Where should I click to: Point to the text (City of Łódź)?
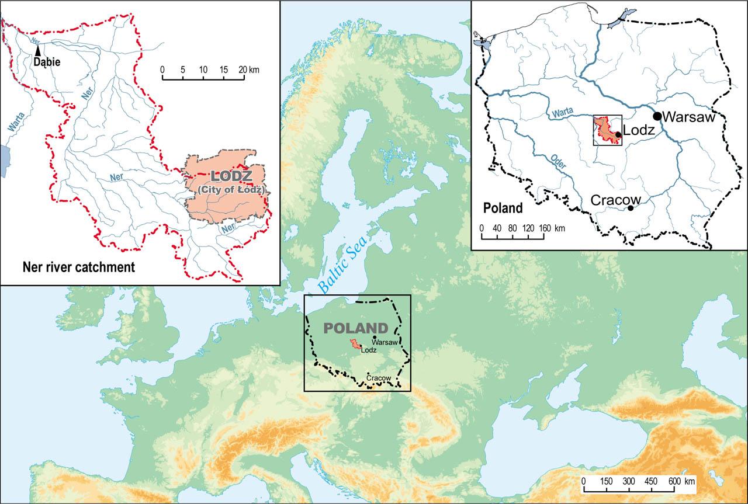[x=231, y=190]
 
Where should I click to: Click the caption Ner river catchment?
[x=78, y=267]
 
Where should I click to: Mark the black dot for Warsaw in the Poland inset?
[x=657, y=116]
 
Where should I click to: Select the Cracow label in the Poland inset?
[x=615, y=200]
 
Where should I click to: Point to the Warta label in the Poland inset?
[x=565, y=110]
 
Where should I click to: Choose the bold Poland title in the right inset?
[x=503, y=208]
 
